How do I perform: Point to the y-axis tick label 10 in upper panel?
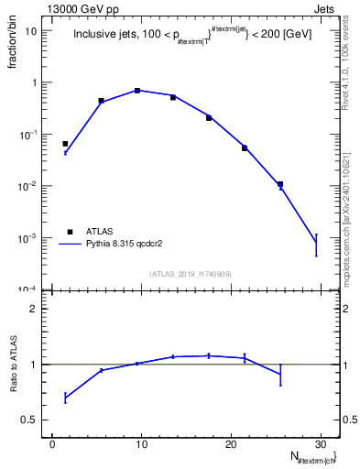click(x=31, y=30)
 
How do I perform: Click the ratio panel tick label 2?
click(x=35, y=309)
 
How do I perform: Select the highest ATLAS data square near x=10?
click(x=137, y=91)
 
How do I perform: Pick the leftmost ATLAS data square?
click(x=65, y=144)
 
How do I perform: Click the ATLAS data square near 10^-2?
click(x=280, y=184)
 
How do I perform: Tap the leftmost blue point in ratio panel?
click(x=65, y=398)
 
